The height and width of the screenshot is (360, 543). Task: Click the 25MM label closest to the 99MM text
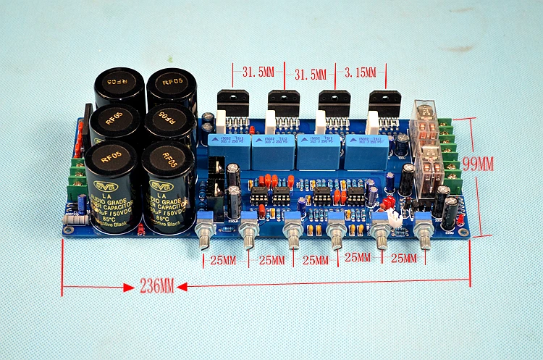(x=404, y=257)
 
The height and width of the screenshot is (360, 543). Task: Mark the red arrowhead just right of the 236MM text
(x=182, y=287)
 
